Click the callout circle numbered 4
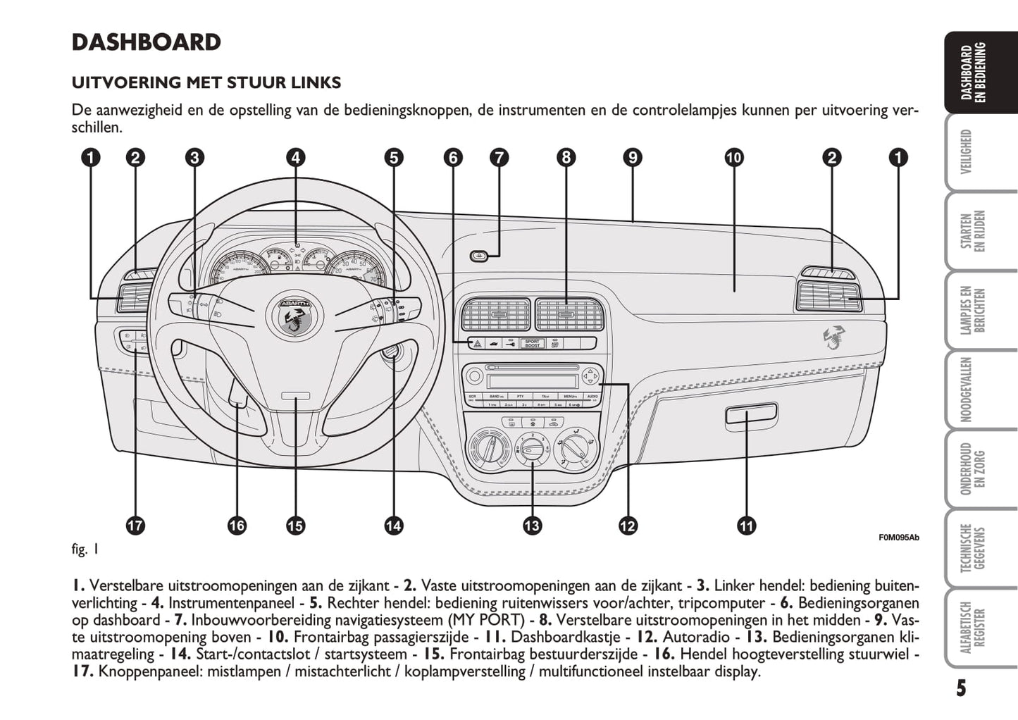(x=296, y=157)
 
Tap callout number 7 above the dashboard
(x=499, y=157)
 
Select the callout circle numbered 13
(x=532, y=525)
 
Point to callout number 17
(x=135, y=525)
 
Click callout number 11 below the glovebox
(x=746, y=525)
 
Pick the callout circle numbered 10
(x=734, y=157)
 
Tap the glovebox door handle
(x=751, y=416)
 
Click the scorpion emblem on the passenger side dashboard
(x=834, y=338)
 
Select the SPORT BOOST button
(x=533, y=344)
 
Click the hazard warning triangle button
(x=477, y=344)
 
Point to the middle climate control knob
(x=532, y=447)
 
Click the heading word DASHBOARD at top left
(x=147, y=42)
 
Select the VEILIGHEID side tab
(x=967, y=151)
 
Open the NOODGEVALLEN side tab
(x=967, y=389)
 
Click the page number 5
(x=961, y=688)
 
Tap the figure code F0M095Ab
(x=898, y=538)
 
